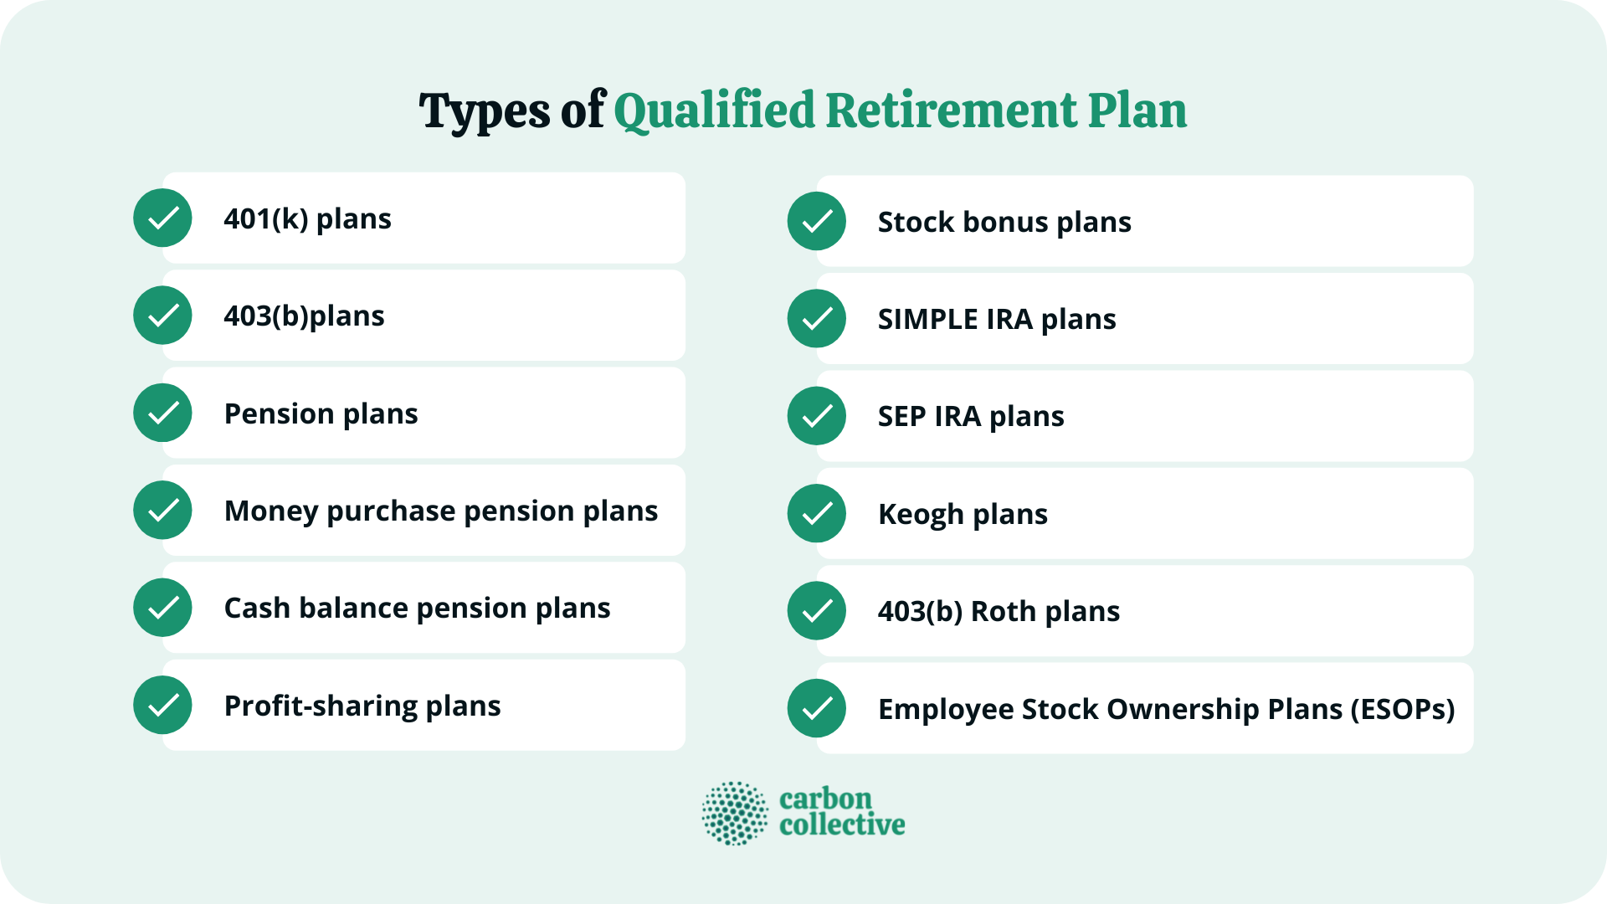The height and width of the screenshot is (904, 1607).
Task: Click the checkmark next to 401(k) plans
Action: point(162,218)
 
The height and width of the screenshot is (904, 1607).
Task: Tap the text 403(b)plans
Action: point(304,316)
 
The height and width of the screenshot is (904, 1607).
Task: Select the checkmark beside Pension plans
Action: point(162,413)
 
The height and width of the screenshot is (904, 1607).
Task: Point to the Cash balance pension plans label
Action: point(417,608)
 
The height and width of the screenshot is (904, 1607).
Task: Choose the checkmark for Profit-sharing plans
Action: point(162,705)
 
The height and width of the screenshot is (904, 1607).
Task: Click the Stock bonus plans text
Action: point(1004,222)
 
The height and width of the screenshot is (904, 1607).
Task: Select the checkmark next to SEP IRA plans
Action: point(816,416)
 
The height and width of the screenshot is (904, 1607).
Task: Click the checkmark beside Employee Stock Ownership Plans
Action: point(816,708)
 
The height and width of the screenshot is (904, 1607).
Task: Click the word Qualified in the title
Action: point(714,110)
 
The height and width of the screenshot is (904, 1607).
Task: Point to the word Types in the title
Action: point(484,110)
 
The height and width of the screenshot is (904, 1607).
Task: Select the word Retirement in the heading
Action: point(951,110)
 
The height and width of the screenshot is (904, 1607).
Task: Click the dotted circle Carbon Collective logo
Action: point(734,813)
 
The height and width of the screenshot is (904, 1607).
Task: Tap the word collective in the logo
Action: point(841,825)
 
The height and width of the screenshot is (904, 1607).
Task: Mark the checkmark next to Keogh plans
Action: point(816,513)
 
